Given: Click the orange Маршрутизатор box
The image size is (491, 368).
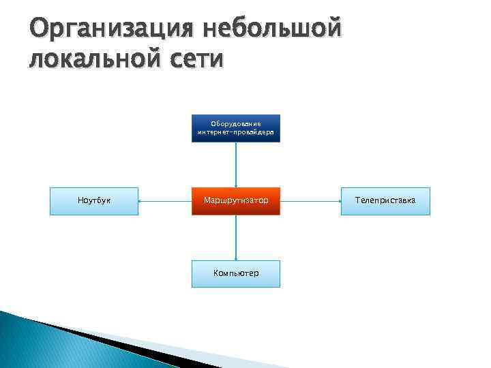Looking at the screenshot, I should tap(236, 201).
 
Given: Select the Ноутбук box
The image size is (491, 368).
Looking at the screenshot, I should tap(94, 201).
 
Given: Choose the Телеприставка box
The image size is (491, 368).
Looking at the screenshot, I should tap(385, 201).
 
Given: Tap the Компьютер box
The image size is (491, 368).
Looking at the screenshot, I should tap(236, 273).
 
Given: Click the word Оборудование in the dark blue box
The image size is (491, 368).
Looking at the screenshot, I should tap(236, 124).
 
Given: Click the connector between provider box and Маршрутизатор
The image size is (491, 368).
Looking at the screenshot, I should tap(236, 164).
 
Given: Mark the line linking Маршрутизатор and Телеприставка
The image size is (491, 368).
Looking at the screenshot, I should tap(310, 201).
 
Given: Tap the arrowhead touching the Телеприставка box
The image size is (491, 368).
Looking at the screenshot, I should tap(338, 201).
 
